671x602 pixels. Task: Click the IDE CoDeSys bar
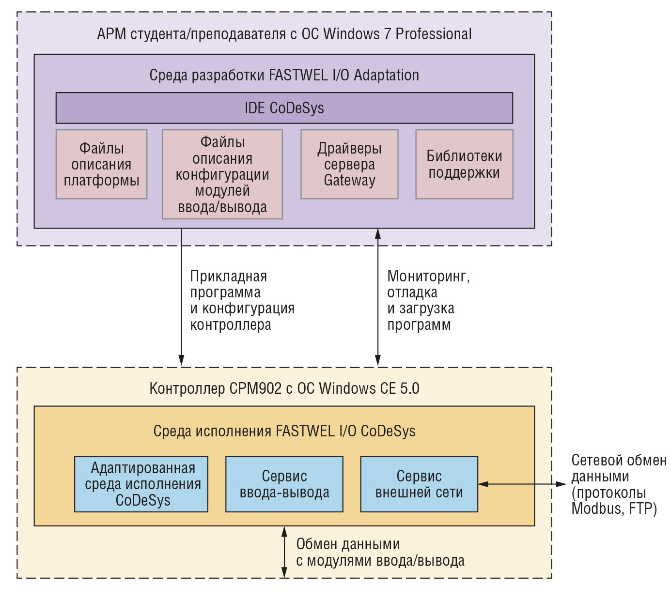pyautogui.click(x=284, y=108)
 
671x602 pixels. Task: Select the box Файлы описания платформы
pyautogui.click(x=101, y=164)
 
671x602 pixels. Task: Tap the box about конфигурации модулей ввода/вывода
pyautogui.click(x=222, y=174)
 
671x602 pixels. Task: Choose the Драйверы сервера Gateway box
pyautogui.click(x=349, y=164)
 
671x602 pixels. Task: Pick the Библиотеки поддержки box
pyautogui.click(x=464, y=164)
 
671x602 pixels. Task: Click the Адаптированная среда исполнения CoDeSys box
pyautogui.click(x=141, y=484)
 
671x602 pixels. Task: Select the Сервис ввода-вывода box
pyautogui.click(x=284, y=484)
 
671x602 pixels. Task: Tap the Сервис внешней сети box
pyautogui.click(x=419, y=484)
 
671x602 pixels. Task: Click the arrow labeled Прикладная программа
pyautogui.click(x=181, y=297)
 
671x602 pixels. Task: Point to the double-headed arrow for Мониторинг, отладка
pyautogui.click(x=377, y=297)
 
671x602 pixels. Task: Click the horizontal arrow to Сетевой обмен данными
pyautogui.click(x=522, y=484)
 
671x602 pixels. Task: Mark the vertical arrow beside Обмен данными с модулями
pyautogui.click(x=284, y=552)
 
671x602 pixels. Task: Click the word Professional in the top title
pyautogui.click(x=434, y=34)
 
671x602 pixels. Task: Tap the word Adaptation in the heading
pyautogui.click(x=386, y=76)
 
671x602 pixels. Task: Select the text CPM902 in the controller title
pyautogui.click(x=255, y=388)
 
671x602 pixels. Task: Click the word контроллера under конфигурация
pyautogui.click(x=231, y=325)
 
